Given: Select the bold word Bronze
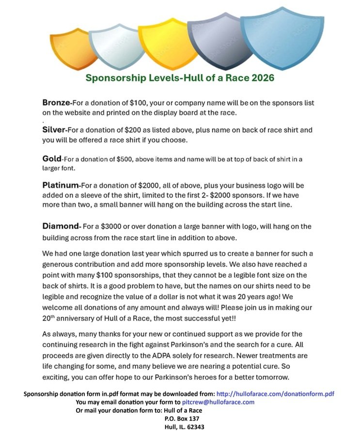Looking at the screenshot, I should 57,103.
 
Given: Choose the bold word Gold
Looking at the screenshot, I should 52,158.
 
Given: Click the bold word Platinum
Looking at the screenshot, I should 60,185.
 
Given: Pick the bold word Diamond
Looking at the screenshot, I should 60,226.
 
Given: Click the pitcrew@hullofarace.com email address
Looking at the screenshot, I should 218,402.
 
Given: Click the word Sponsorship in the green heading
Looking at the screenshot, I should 113,78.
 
